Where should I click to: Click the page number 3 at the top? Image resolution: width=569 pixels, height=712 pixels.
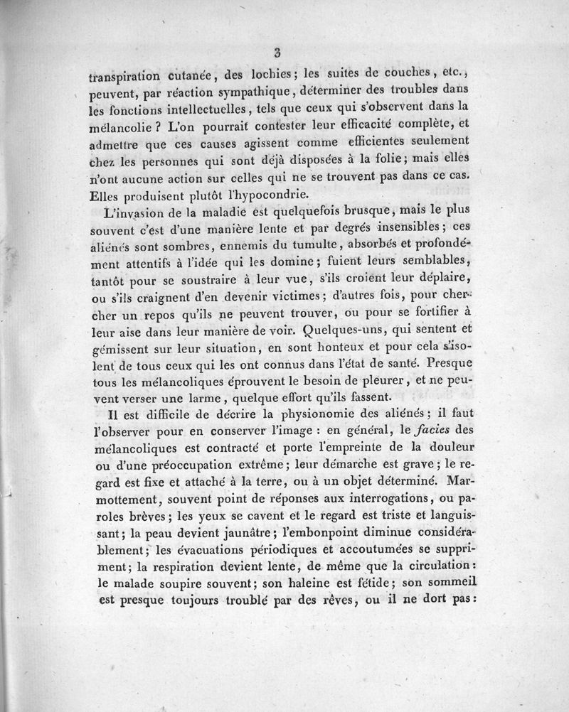coord(278,51)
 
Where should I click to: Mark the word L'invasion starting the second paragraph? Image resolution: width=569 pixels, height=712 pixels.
coord(129,213)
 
